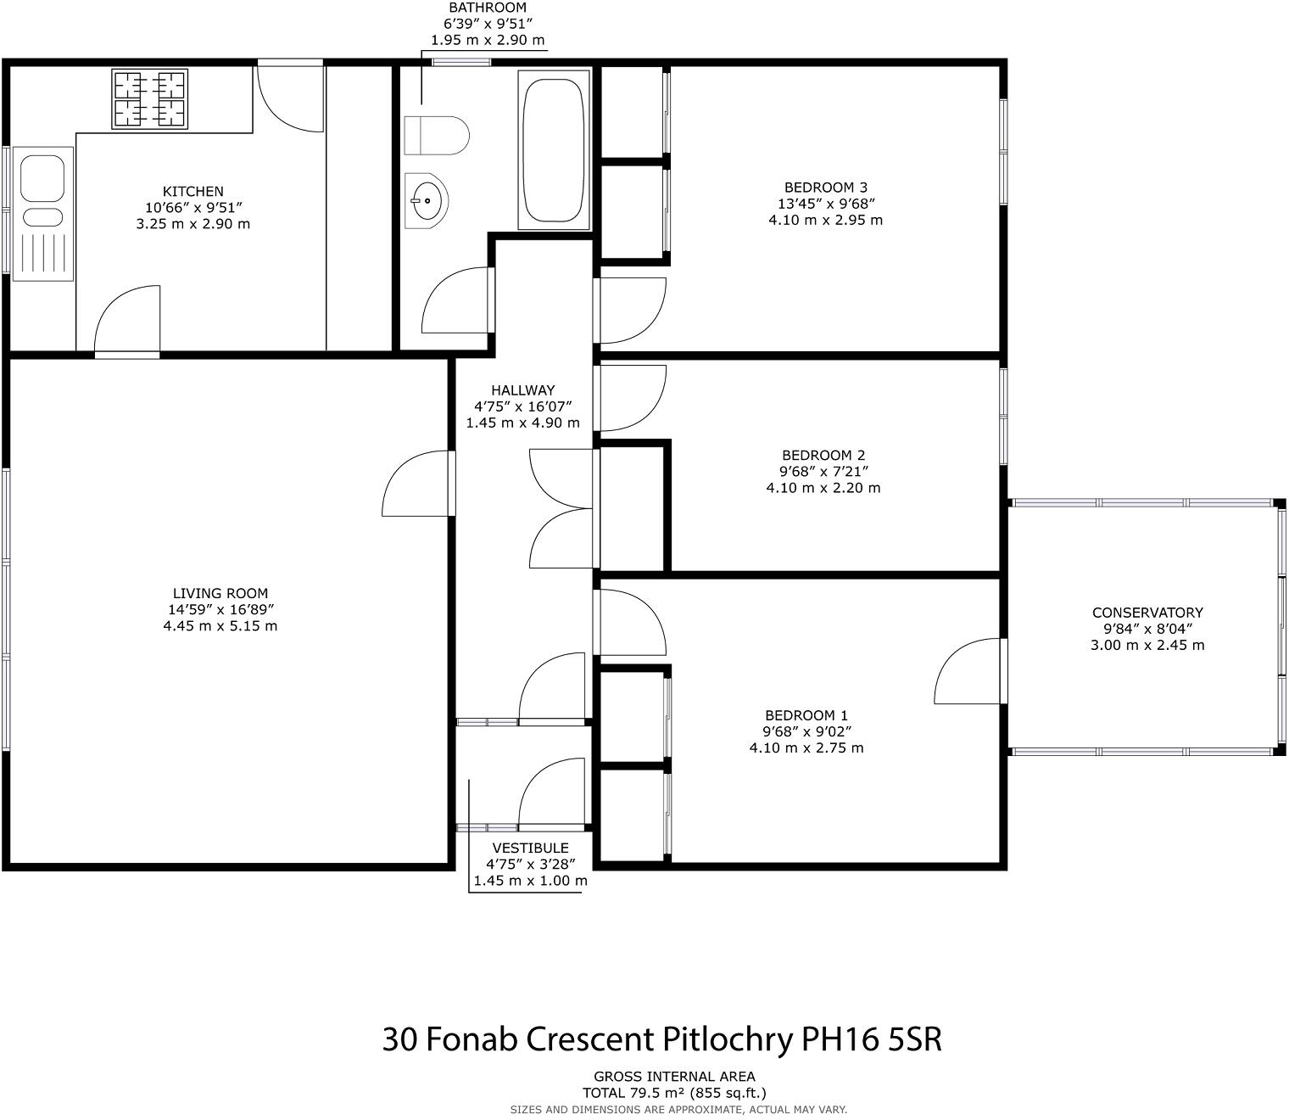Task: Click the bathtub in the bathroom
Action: tap(553, 150)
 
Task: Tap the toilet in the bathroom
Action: tap(437, 135)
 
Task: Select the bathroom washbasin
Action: tap(426, 200)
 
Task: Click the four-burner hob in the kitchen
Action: tap(150, 99)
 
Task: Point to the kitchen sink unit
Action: tap(43, 214)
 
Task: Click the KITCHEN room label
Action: tap(193, 191)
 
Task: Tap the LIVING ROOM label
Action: tap(220, 593)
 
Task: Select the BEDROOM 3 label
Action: tap(825, 188)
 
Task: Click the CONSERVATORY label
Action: tap(1147, 613)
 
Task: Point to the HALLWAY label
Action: tap(523, 390)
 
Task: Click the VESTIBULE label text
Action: tap(531, 848)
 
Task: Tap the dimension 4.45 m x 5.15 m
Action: tap(220, 626)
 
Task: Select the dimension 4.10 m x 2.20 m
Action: tap(823, 488)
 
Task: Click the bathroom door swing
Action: tap(458, 300)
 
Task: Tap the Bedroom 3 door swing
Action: tap(630, 311)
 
